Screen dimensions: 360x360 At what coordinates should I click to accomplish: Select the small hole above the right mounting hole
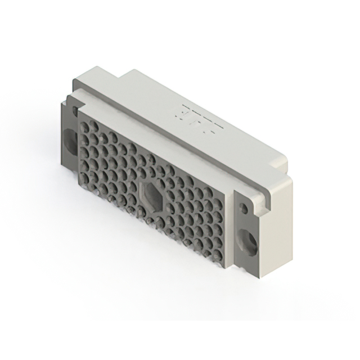coord(244,209)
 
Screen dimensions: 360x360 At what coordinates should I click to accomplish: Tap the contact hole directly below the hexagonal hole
coord(150,219)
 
